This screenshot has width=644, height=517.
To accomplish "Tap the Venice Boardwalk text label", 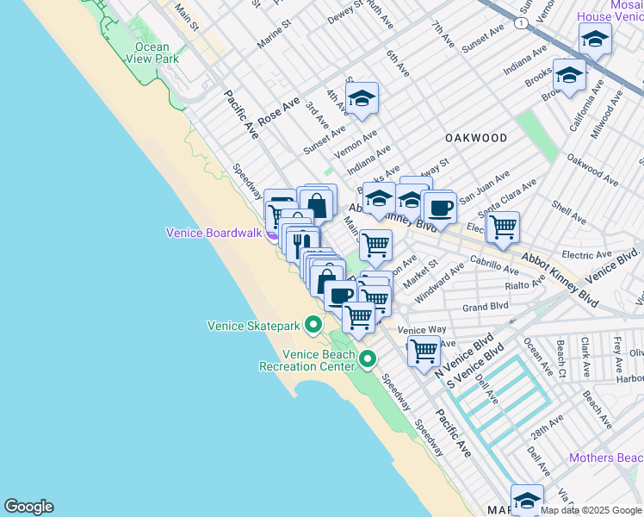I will pyautogui.click(x=214, y=233).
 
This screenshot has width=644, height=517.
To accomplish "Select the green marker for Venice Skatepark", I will pyautogui.click(x=314, y=325).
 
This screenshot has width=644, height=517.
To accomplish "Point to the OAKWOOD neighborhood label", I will pyautogui.click(x=476, y=138).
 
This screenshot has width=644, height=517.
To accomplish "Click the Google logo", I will pyautogui.click(x=28, y=507).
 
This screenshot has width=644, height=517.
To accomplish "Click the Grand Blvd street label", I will pyautogui.click(x=486, y=307).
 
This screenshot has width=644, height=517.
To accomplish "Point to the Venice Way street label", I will pyautogui.click(x=422, y=330).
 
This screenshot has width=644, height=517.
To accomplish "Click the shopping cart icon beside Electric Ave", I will pyautogui.click(x=503, y=227).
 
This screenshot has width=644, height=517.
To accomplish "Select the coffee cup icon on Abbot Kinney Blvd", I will pyautogui.click(x=440, y=207).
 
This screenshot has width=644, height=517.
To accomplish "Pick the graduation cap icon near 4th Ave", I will pyautogui.click(x=362, y=98).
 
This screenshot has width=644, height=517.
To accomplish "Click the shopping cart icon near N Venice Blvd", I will pyautogui.click(x=424, y=350).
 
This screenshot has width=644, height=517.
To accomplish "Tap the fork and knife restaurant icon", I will pyautogui.click(x=300, y=244).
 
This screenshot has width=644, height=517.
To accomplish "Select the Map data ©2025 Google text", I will pyautogui.click(x=591, y=510).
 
